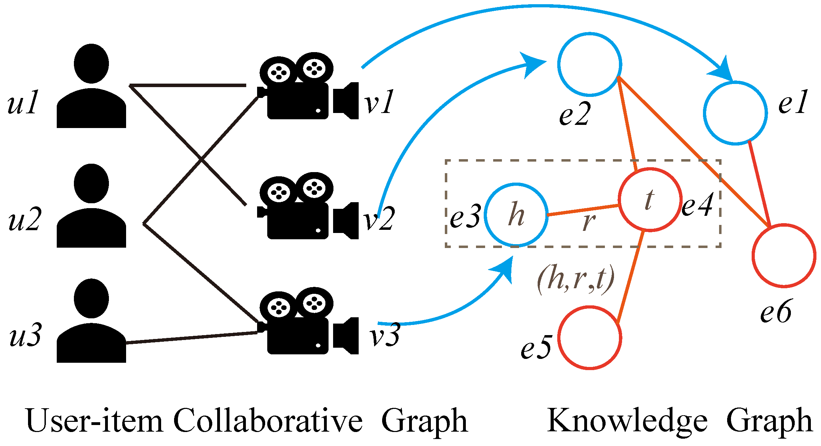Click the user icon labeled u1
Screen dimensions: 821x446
(91, 87)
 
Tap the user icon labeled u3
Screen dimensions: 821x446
(91, 322)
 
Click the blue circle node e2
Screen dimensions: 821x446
(590, 64)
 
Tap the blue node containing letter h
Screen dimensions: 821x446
(516, 215)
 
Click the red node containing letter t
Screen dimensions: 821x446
(650, 200)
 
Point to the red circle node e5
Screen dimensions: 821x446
(590, 338)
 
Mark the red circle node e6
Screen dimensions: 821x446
(784, 255)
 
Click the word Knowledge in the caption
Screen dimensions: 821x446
(627, 422)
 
